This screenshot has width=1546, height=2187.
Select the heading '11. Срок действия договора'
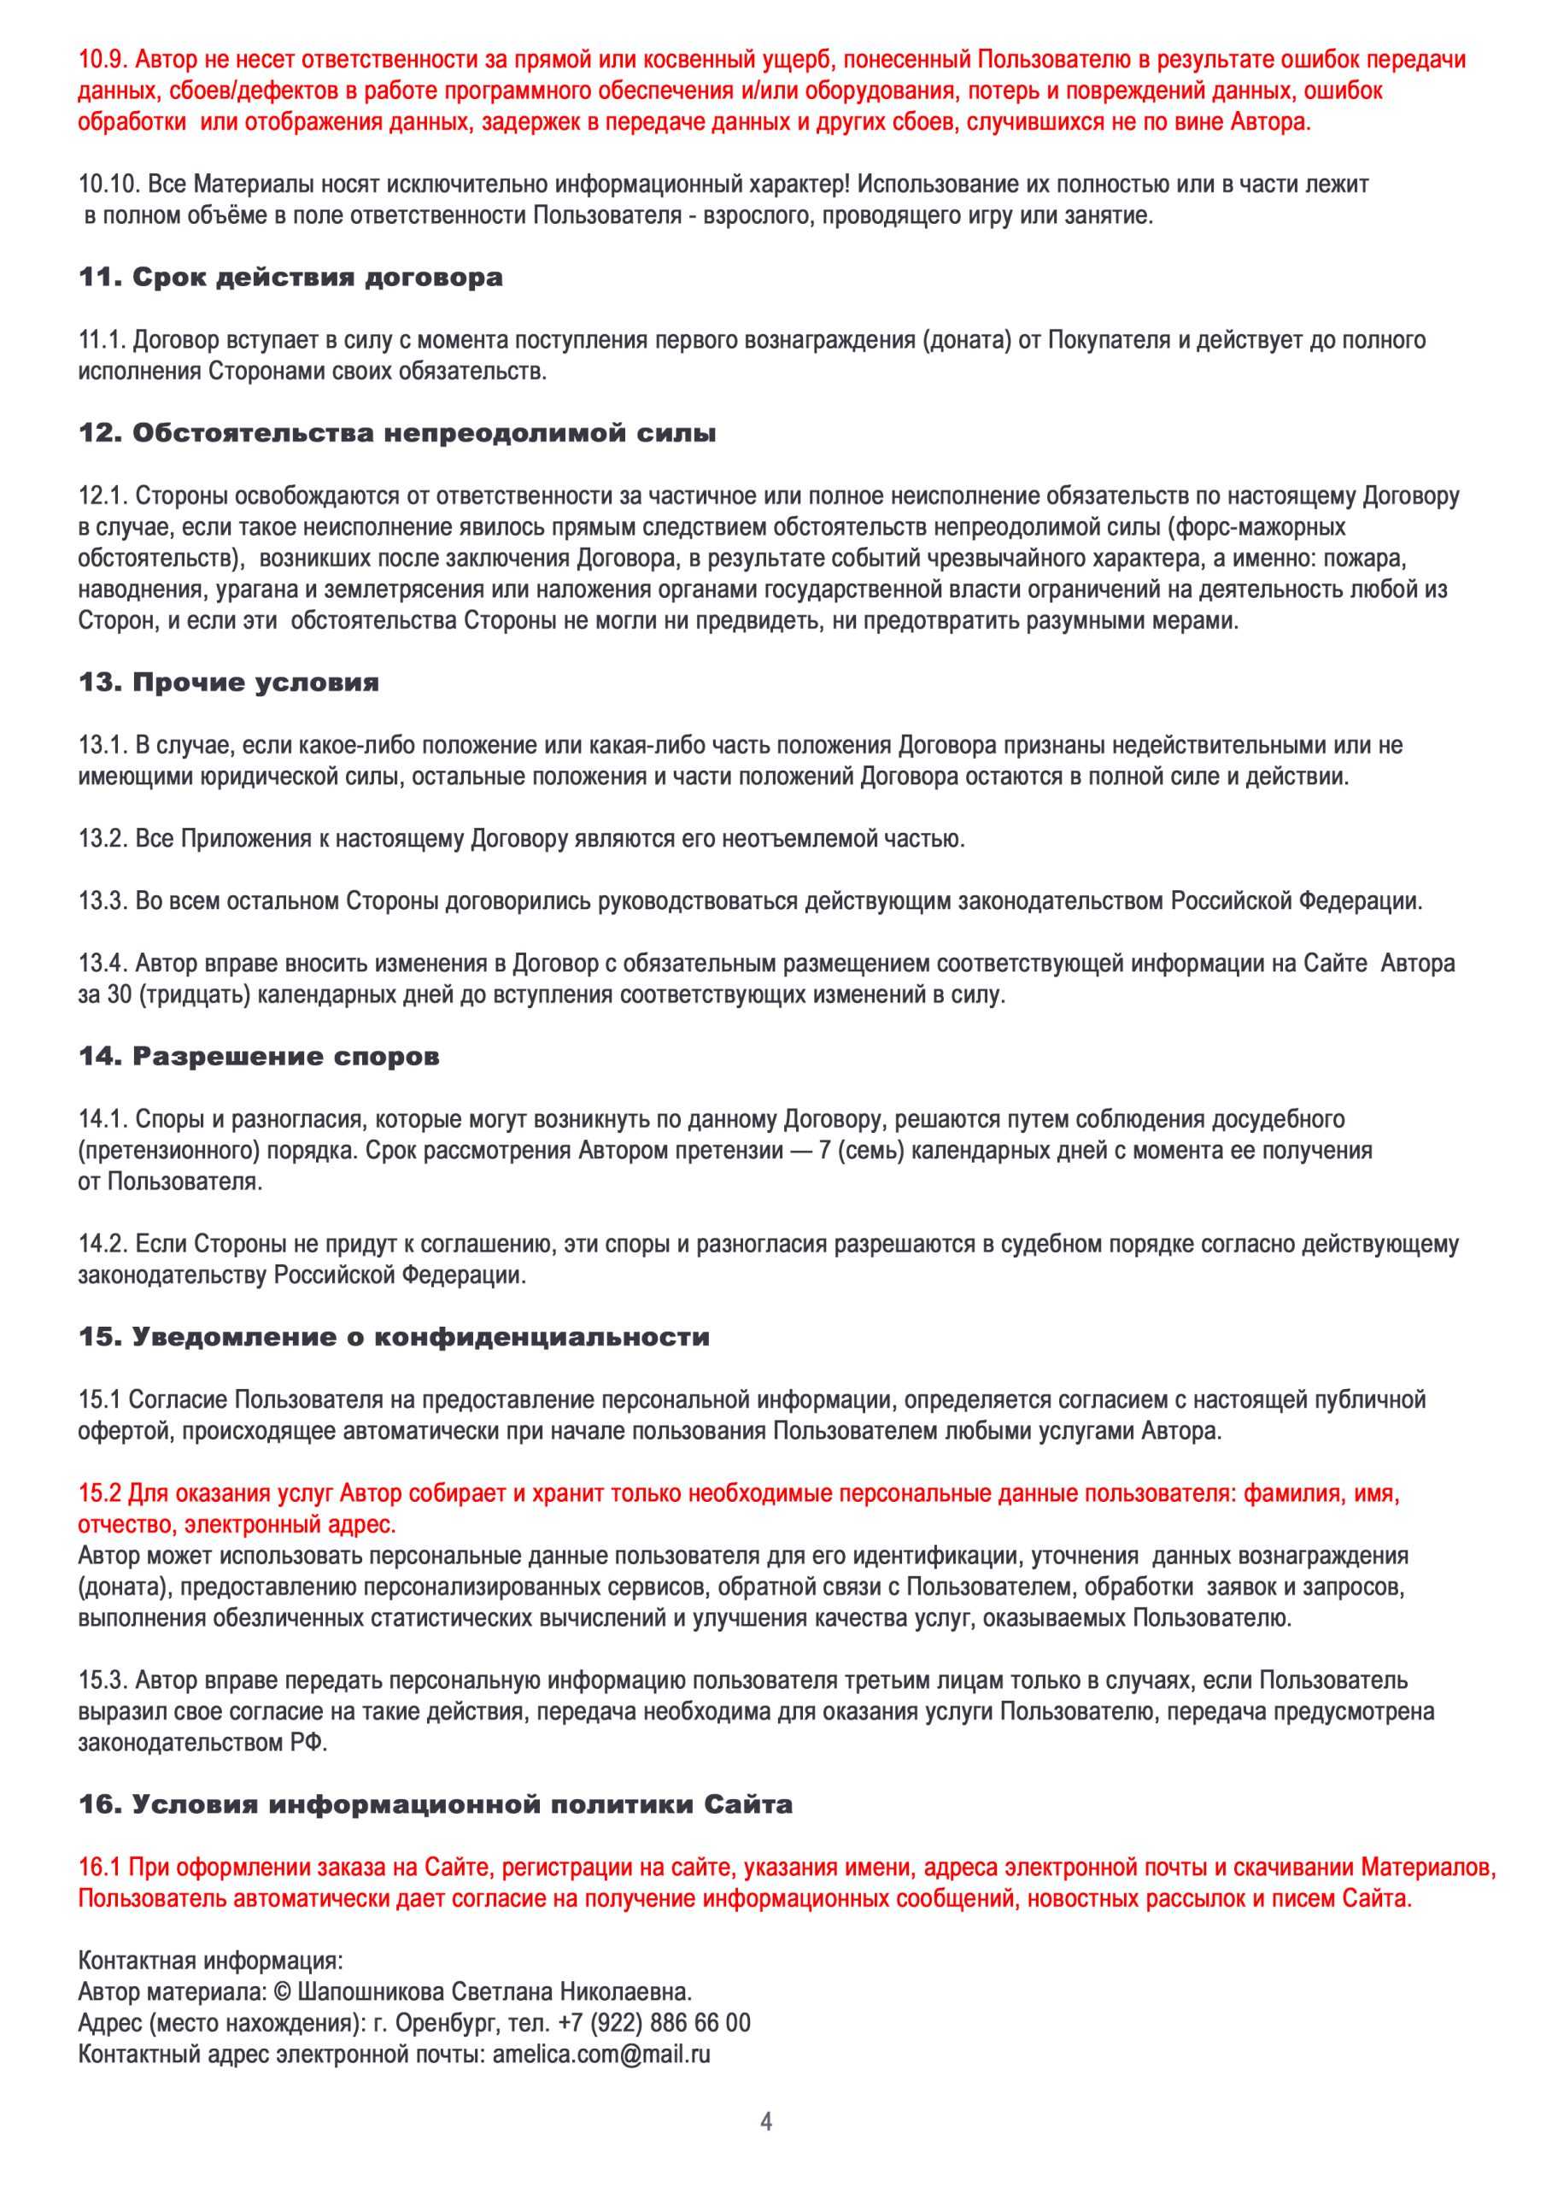(x=290, y=279)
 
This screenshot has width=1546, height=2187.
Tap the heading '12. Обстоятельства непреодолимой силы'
(x=397, y=434)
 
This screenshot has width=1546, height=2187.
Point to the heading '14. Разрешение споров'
(x=259, y=1057)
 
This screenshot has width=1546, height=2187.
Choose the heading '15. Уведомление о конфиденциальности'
(x=395, y=1337)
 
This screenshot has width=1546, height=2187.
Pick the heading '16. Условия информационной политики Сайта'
(x=436, y=1805)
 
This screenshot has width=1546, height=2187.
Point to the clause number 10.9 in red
(x=102, y=60)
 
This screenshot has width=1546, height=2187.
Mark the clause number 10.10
(x=108, y=185)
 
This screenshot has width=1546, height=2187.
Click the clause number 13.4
(x=102, y=963)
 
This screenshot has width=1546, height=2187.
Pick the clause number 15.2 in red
(x=100, y=1492)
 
